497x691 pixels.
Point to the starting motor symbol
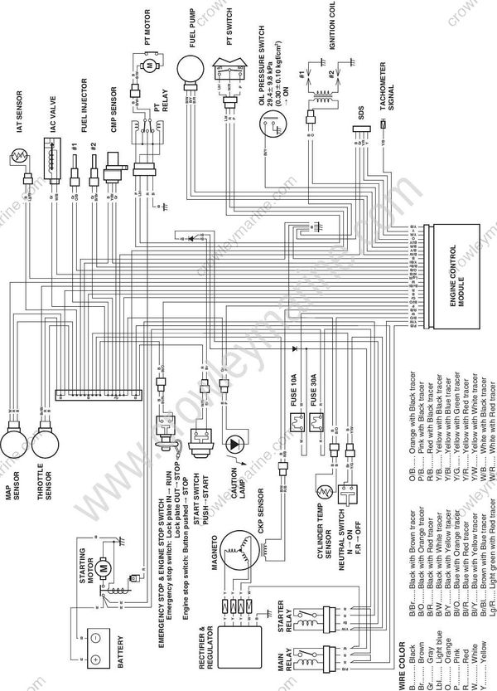[102, 568]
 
